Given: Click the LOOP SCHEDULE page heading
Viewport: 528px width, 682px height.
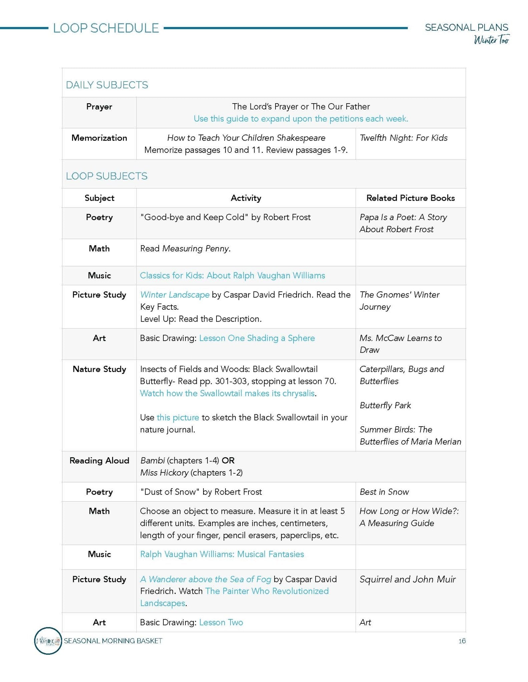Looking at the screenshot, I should (106, 28).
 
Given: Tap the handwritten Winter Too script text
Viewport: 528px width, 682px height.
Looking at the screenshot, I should (491, 40).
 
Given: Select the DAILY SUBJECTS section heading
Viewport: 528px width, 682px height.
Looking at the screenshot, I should (107, 85).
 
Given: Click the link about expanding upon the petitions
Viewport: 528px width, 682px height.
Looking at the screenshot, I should (301, 119).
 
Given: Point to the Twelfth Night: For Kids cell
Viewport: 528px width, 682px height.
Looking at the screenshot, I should (404, 138).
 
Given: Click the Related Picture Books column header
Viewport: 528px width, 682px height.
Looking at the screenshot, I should (410, 198).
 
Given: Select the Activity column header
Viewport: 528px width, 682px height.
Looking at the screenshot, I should (246, 198).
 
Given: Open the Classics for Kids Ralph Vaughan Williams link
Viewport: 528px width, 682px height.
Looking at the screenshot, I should (232, 275).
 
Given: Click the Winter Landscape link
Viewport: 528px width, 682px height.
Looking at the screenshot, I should (175, 295).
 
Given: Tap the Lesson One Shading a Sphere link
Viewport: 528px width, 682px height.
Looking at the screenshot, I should (257, 338).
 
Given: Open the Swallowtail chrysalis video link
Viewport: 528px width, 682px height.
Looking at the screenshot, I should (227, 393).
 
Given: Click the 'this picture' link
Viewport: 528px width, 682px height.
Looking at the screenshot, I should (178, 418).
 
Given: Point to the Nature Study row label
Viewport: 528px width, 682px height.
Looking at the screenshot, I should (99, 369).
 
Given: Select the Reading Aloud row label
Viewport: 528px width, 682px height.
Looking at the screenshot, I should (99, 461).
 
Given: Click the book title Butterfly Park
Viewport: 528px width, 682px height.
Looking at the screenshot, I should (385, 405).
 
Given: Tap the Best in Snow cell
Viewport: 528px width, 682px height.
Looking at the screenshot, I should (384, 492).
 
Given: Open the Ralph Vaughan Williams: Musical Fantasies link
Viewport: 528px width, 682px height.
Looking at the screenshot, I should (222, 554).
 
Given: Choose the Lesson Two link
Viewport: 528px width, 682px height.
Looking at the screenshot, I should (221, 622).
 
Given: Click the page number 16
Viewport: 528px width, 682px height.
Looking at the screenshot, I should (462, 641).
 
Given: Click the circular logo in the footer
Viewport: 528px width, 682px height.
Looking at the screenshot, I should (48, 641).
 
